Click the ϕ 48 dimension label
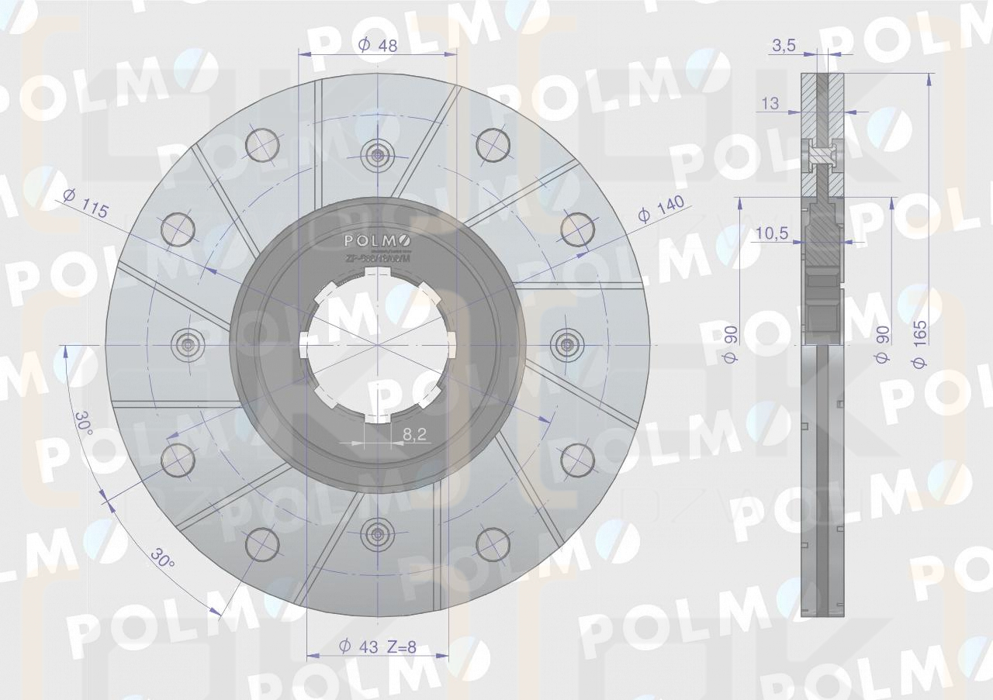[378, 45]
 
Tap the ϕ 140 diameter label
[661, 209]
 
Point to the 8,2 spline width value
[415, 435]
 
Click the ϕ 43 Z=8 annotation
[378, 647]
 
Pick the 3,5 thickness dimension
[784, 46]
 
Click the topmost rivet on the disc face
[378, 153]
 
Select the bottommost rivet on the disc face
[378, 533]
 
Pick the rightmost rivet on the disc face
[568, 343]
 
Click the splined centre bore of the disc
[378, 343]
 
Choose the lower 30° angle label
[163, 560]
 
